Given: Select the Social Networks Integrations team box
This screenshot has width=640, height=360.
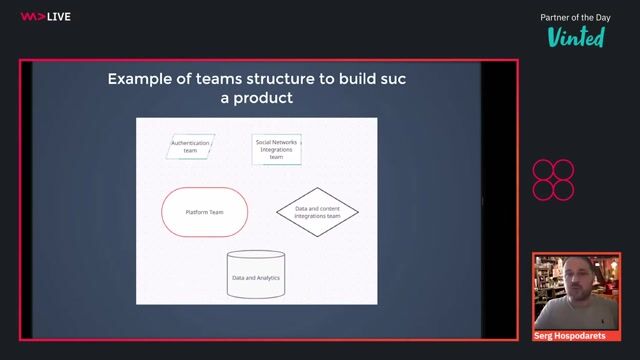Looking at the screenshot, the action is tap(277, 149).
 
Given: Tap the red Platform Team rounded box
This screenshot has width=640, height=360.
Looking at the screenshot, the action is tap(204, 212).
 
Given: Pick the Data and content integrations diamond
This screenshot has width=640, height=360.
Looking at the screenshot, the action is tap(317, 212).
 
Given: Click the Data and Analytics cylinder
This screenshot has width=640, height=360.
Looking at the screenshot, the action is tap(256, 275).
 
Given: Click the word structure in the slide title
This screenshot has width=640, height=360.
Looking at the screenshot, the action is tap(287, 79).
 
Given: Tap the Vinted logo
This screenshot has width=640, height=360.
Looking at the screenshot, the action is tap(576, 37).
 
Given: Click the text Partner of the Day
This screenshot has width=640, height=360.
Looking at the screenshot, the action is tap(576, 17).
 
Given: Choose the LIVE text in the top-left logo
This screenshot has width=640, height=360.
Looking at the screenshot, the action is tap(59, 16).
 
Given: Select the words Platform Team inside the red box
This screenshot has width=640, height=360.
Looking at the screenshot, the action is tap(204, 212).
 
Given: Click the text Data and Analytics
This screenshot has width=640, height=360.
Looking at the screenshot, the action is tap(256, 277).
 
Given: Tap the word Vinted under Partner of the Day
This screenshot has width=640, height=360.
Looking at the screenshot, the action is tap(576, 37).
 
